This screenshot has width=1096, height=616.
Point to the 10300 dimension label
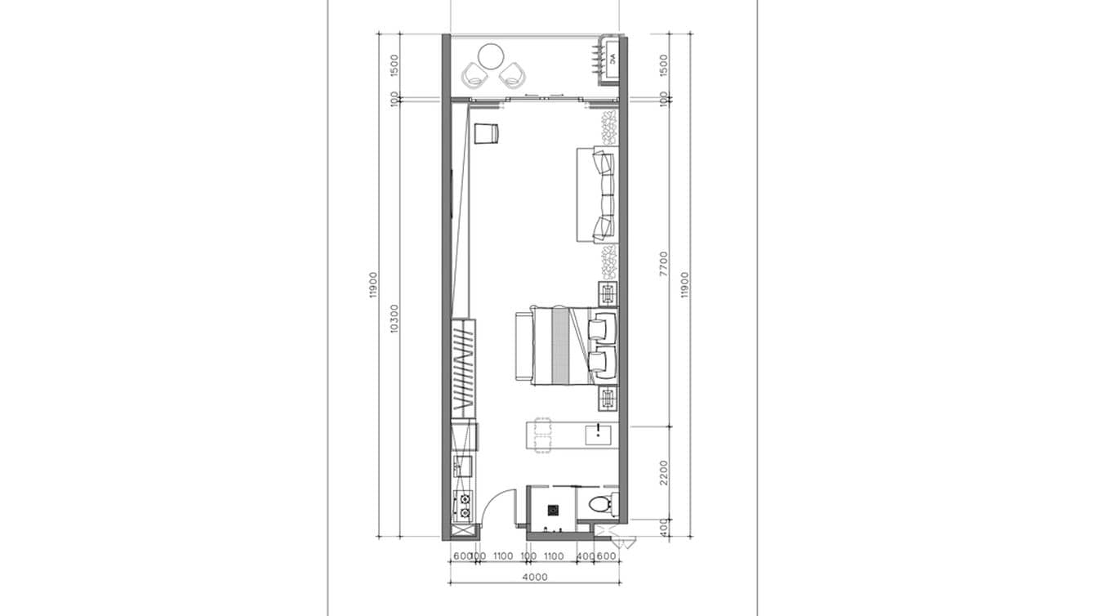394,319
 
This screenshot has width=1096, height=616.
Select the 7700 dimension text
663,264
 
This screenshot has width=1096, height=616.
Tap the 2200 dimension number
663,473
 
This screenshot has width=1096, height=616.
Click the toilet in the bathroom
603,502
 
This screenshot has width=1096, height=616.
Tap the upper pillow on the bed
602,327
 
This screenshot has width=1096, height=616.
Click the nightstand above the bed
608,292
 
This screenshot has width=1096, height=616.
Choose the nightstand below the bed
608,400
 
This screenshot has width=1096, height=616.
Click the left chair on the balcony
474,76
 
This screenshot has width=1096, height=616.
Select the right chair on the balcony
512,76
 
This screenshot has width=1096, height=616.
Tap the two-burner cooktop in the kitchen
463,506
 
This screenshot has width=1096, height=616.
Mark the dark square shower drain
553,511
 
